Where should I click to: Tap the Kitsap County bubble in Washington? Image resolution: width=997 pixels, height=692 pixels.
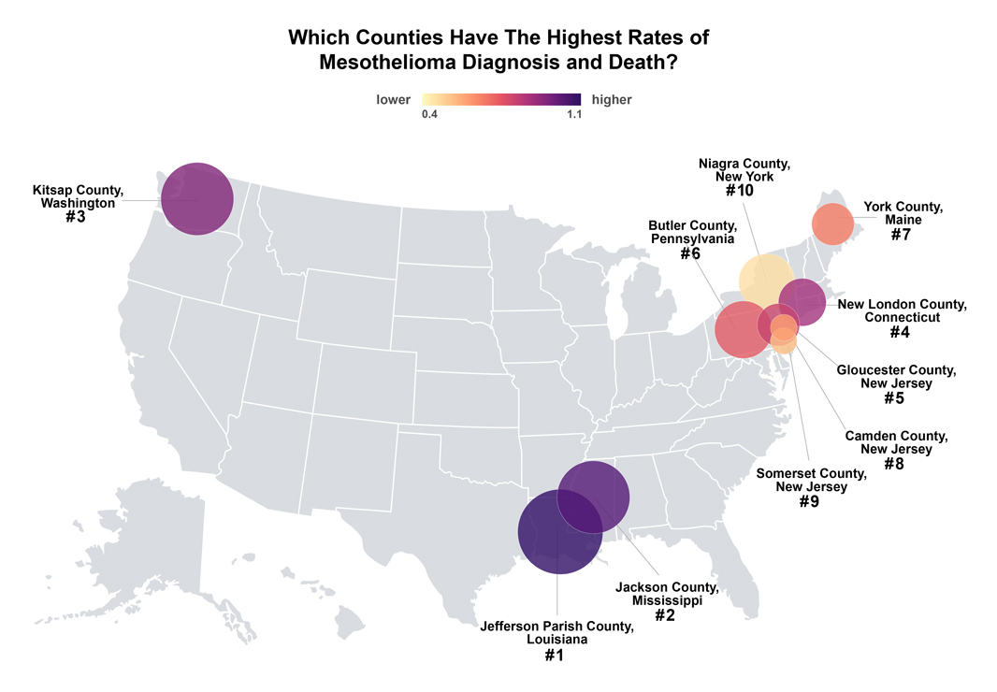tap(196, 198)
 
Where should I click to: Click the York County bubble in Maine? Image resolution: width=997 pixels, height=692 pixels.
tap(832, 224)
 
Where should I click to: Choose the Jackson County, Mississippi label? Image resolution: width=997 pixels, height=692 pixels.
tap(667, 594)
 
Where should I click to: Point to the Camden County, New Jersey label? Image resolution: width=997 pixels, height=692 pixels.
tap(895, 442)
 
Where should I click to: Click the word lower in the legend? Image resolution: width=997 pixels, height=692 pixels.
tap(394, 99)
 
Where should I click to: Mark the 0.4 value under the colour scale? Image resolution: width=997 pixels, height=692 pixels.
tap(430, 115)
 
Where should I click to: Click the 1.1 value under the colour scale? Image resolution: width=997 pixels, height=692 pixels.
tap(572, 115)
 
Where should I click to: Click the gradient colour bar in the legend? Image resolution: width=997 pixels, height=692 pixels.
tap(501, 99)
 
